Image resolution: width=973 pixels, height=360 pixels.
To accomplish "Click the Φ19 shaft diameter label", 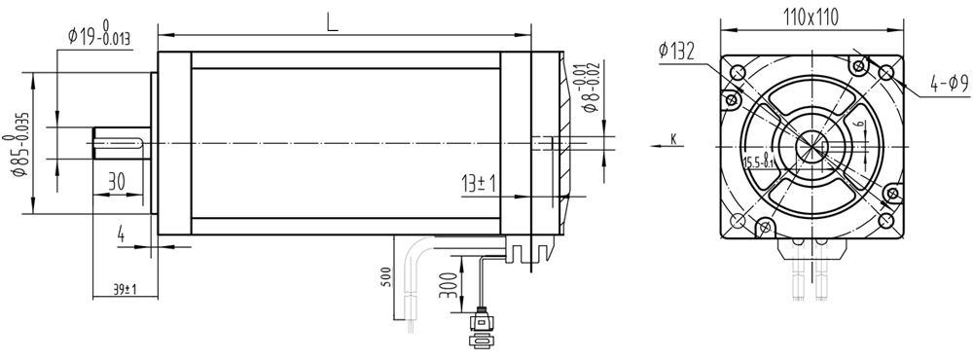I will pyautogui.click(x=99, y=38).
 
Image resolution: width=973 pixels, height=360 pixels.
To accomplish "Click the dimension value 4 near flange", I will pyautogui.click(x=121, y=234).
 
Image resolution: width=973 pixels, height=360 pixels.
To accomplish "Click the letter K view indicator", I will pyautogui.click(x=672, y=140).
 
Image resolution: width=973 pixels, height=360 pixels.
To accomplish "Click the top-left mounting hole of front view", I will pyautogui.click(x=738, y=73).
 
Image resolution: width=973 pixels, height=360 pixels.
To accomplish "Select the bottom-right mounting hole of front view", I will pyautogui.click(x=887, y=222).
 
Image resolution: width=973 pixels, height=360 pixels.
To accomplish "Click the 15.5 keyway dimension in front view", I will pyautogui.click(x=759, y=162).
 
